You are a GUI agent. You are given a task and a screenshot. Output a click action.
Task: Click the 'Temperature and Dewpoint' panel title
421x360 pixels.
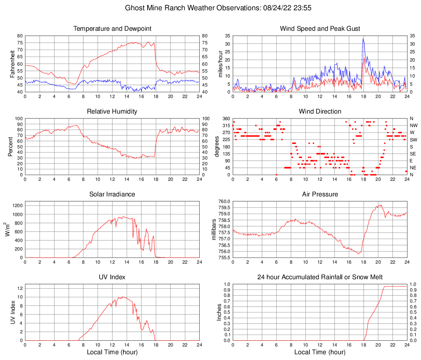coord(112,29)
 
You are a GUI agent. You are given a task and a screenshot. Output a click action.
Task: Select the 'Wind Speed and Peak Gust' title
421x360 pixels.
coord(320,29)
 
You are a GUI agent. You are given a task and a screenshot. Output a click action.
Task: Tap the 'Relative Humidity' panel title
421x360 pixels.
coord(112,112)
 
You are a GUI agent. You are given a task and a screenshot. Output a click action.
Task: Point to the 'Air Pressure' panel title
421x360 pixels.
coord(320,194)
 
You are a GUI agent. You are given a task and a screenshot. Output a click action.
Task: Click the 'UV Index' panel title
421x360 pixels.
coord(112,277)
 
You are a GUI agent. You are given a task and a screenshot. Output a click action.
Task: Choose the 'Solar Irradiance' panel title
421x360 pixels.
coord(112,194)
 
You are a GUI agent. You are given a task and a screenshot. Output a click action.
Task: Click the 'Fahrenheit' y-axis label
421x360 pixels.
coord(12,64)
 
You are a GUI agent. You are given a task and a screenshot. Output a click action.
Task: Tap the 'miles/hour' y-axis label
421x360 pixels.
coord(220,64)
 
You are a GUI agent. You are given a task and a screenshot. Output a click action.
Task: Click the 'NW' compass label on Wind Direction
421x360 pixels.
coord(414,125)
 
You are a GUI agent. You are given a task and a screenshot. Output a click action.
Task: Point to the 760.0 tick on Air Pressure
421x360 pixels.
coord(223,201)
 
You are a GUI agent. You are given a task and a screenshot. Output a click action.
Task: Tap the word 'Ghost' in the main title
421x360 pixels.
coord(134,8)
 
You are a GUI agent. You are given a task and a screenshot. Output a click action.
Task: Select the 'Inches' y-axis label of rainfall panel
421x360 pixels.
coord(219,312)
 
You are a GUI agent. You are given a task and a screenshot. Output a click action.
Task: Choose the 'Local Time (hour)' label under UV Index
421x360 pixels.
coord(112,352)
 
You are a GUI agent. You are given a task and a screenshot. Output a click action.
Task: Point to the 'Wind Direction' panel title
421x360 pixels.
coord(320,112)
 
